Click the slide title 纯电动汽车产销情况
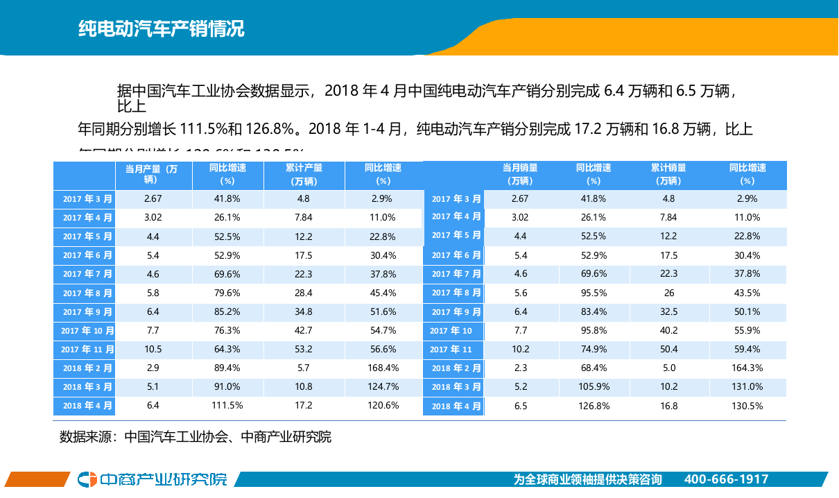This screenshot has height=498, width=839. (161, 29)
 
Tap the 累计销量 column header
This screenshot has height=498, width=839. (668, 174)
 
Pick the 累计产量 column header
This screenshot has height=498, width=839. (304, 174)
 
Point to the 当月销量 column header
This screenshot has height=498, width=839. (520, 174)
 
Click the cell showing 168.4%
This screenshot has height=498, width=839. (383, 368)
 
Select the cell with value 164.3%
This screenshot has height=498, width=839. (747, 368)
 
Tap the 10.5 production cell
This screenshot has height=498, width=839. (153, 349)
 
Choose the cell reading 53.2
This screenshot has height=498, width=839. (304, 349)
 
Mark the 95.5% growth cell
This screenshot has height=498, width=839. (593, 293)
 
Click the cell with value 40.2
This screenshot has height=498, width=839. (668, 330)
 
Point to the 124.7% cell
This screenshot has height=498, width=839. (383, 386)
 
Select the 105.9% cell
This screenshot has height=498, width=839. (593, 386)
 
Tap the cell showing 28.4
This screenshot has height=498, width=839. (304, 293)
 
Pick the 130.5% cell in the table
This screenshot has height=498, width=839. (747, 406)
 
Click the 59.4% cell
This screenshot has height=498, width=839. (747, 349)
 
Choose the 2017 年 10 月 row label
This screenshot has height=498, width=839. (87, 331)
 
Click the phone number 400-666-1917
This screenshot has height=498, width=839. (726, 479)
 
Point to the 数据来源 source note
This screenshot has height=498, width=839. (195, 437)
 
